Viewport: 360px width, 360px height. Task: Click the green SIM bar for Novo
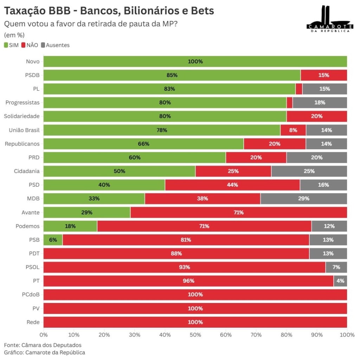pos(195,62)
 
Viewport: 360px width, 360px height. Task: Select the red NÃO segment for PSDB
pos(323,75)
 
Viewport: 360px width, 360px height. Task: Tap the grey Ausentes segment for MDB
pos(303,199)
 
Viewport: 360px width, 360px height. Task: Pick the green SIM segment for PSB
pos(53,240)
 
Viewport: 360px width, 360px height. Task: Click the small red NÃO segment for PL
pos(299,89)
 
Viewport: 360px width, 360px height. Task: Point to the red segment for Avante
pos(238,212)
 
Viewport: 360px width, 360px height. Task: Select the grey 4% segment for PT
pos(340,281)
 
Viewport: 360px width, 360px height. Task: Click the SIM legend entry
pos(11,45)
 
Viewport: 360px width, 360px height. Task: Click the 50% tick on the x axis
pos(195,335)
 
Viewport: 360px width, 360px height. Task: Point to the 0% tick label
pos(44,335)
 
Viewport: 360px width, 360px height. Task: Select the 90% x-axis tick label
pos(317,335)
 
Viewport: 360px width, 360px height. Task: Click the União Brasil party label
pos(24,130)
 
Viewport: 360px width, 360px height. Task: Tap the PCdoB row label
pos(31,295)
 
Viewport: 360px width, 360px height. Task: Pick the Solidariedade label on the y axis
pos(22,116)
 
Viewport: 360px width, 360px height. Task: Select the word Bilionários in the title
pos(150,11)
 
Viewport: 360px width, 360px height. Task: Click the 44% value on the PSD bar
pos(232,185)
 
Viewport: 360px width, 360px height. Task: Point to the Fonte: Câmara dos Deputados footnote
pos(43,345)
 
